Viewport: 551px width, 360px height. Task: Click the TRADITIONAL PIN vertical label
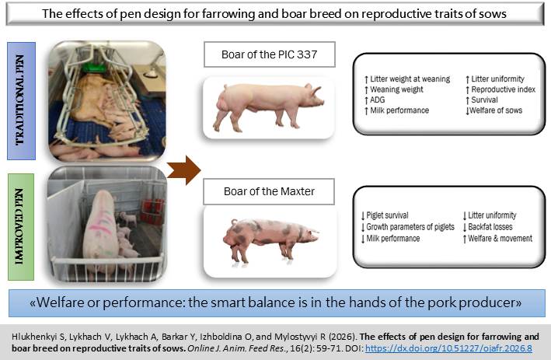coord(21,100)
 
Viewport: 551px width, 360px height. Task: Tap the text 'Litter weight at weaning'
coord(409,79)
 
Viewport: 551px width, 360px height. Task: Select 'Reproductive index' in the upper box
coord(504,89)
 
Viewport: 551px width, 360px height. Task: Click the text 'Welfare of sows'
coord(497,110)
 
